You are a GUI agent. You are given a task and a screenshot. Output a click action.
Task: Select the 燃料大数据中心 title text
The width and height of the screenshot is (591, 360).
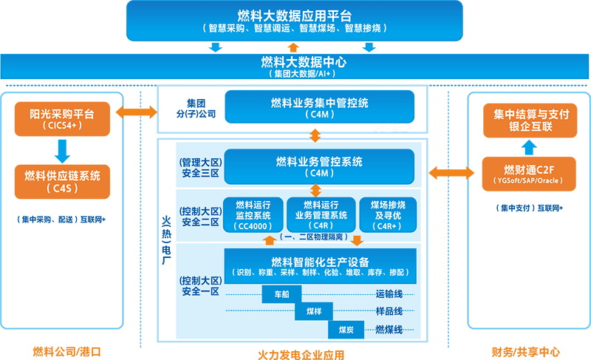pyautogui.click(x=294, y=62)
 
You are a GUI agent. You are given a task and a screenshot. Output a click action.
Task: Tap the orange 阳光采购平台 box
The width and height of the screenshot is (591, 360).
pyautogui.click(x=63, y=118)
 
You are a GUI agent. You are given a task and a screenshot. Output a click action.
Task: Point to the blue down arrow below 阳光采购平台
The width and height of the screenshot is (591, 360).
pyautogui.click(x=63, y=150)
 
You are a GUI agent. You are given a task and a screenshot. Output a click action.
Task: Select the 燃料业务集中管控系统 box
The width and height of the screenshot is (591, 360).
pyautogui.click(x=319, y=107)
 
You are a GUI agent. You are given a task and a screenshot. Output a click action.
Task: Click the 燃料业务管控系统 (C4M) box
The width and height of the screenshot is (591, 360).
pyautogui.click(x=319, y=166)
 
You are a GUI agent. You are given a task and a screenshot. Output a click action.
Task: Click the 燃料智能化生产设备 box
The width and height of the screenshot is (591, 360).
pyautogui.click(x=320, y=267)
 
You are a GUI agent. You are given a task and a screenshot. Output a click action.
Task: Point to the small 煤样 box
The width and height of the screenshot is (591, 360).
pyautogui.click(x=314, y=312)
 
